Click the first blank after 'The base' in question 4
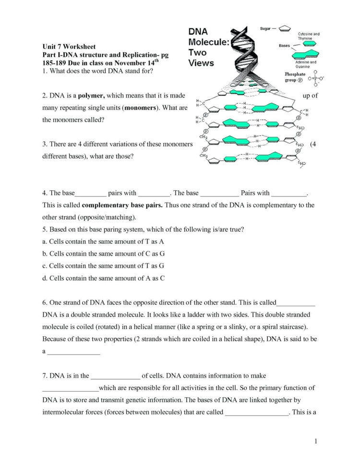(x=90, y=194)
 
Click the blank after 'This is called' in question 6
(x=296, y=303)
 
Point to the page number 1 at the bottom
(x=317, y=441)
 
